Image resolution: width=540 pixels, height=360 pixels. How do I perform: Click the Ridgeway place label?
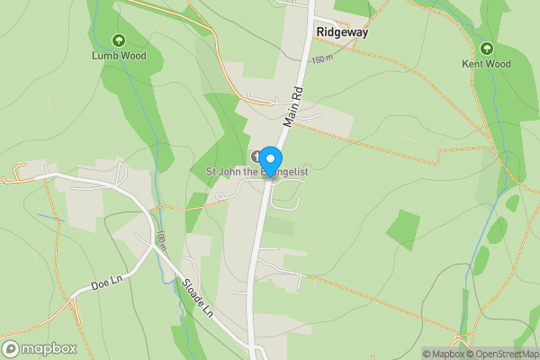(341, 31)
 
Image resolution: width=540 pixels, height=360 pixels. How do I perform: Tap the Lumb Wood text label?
(118, 56)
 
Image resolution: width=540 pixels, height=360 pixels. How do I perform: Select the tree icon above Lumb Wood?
(118, 40)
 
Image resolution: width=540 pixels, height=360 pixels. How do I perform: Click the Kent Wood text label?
(486, 64)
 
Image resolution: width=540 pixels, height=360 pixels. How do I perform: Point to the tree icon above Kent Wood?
(486, 48)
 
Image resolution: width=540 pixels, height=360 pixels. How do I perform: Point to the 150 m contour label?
(322, 59)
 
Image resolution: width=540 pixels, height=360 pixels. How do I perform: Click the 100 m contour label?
(160, 239)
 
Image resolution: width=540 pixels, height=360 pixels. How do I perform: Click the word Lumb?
(105, 56)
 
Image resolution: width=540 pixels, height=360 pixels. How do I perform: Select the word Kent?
(473, 64)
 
